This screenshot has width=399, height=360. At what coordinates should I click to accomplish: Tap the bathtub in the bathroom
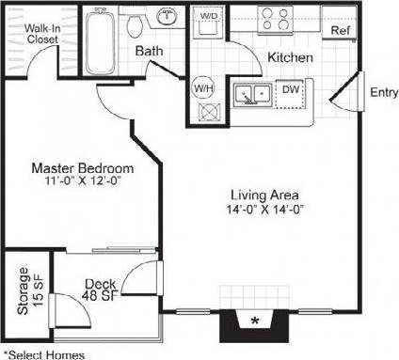[97, 42]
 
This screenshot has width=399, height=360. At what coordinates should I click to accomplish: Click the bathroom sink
[168, 16]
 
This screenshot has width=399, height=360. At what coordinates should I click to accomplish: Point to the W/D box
[209, 17]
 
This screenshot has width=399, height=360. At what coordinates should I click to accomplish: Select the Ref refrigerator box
[338, 29]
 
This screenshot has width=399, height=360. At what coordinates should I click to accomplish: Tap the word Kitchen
[290, 58]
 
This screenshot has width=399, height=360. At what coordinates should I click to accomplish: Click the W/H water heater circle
[203, 88]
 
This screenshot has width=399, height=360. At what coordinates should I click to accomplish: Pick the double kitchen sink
[254, 95]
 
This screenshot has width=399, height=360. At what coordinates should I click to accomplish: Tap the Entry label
[382, 92]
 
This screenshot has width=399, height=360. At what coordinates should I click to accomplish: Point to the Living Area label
[263, 196]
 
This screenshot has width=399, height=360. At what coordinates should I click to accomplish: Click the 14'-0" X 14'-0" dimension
[263, 210]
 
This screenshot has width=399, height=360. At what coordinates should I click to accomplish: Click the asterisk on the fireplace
[255, 321]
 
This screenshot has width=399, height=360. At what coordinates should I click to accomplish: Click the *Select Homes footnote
[43, 353]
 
